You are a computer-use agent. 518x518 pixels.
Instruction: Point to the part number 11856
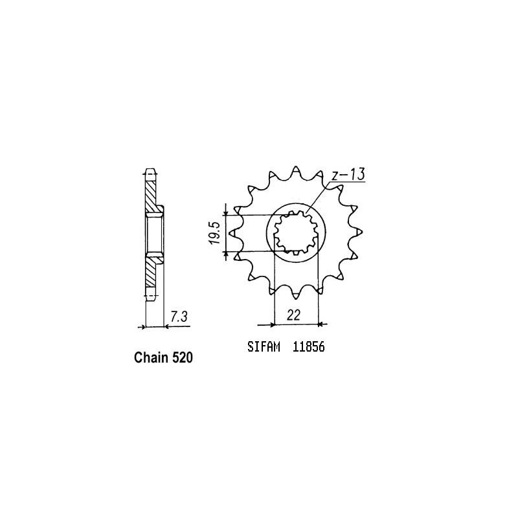click(307, 347)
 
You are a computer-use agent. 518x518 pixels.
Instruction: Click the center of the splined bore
click(295, 233)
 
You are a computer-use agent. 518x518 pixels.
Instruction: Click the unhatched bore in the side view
click(154, 233)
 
